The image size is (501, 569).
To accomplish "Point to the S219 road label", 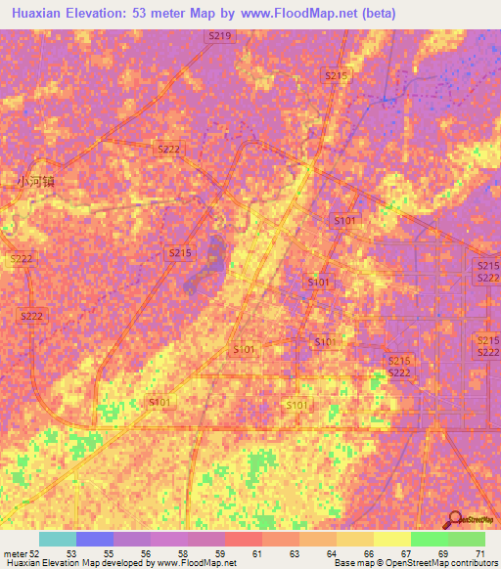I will [x=220, y=35].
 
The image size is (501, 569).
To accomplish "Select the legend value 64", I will [x=330, y=553].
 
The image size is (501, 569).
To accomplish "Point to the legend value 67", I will [x=404, y=553].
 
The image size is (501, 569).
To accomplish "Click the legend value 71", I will [x=478, y=553].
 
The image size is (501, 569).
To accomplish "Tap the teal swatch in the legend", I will [x=57, y=539].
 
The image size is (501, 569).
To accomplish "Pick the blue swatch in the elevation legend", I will [x=94, y=539].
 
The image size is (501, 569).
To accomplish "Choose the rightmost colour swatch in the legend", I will [x=467, y=539].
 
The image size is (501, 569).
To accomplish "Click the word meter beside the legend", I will [x=15, y=553].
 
